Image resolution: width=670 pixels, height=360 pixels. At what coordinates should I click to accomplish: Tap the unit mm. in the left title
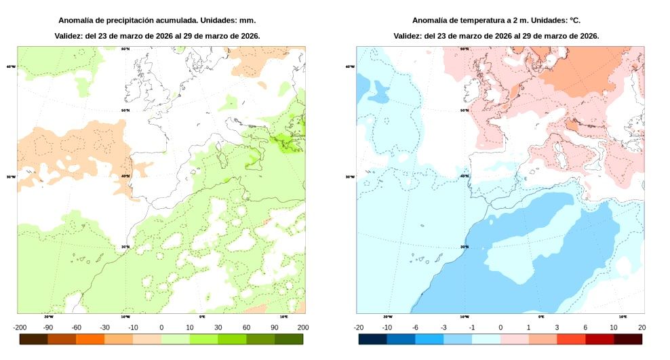point(248,20)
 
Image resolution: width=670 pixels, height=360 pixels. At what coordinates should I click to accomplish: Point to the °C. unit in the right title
point(574,20)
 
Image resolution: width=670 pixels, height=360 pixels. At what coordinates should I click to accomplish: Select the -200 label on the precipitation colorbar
point(20,327)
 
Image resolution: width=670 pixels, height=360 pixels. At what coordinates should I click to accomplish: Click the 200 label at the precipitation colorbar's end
point(302,327)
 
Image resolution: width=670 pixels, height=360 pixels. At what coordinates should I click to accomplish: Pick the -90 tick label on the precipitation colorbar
point(48,327)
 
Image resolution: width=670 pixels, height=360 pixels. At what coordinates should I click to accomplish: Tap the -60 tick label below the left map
point(77,327)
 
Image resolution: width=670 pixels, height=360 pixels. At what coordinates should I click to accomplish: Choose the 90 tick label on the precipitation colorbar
point(274,327)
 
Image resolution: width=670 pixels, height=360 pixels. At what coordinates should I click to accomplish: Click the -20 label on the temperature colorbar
point(359,327)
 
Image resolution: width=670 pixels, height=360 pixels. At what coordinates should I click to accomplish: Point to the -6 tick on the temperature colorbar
point(416,327)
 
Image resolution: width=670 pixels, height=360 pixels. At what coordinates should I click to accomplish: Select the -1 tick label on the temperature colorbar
point(472,327)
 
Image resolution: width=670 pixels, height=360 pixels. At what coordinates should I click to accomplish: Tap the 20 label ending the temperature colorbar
point(642,327)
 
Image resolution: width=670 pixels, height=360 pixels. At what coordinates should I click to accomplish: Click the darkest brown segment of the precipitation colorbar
point(34,339)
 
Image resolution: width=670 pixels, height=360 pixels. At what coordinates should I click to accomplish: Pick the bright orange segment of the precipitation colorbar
point(90,339)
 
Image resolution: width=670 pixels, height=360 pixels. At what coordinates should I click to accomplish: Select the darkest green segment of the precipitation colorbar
point(288,339)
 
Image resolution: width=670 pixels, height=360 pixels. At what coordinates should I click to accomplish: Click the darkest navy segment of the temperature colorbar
point(373,339)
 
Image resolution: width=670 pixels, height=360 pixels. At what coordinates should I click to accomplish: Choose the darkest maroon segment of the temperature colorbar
point(627,339)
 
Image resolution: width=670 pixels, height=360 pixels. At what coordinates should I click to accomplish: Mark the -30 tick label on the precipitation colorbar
point(104,327)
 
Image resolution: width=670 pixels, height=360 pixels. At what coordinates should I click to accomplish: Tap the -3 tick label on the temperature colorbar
point(444,327)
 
